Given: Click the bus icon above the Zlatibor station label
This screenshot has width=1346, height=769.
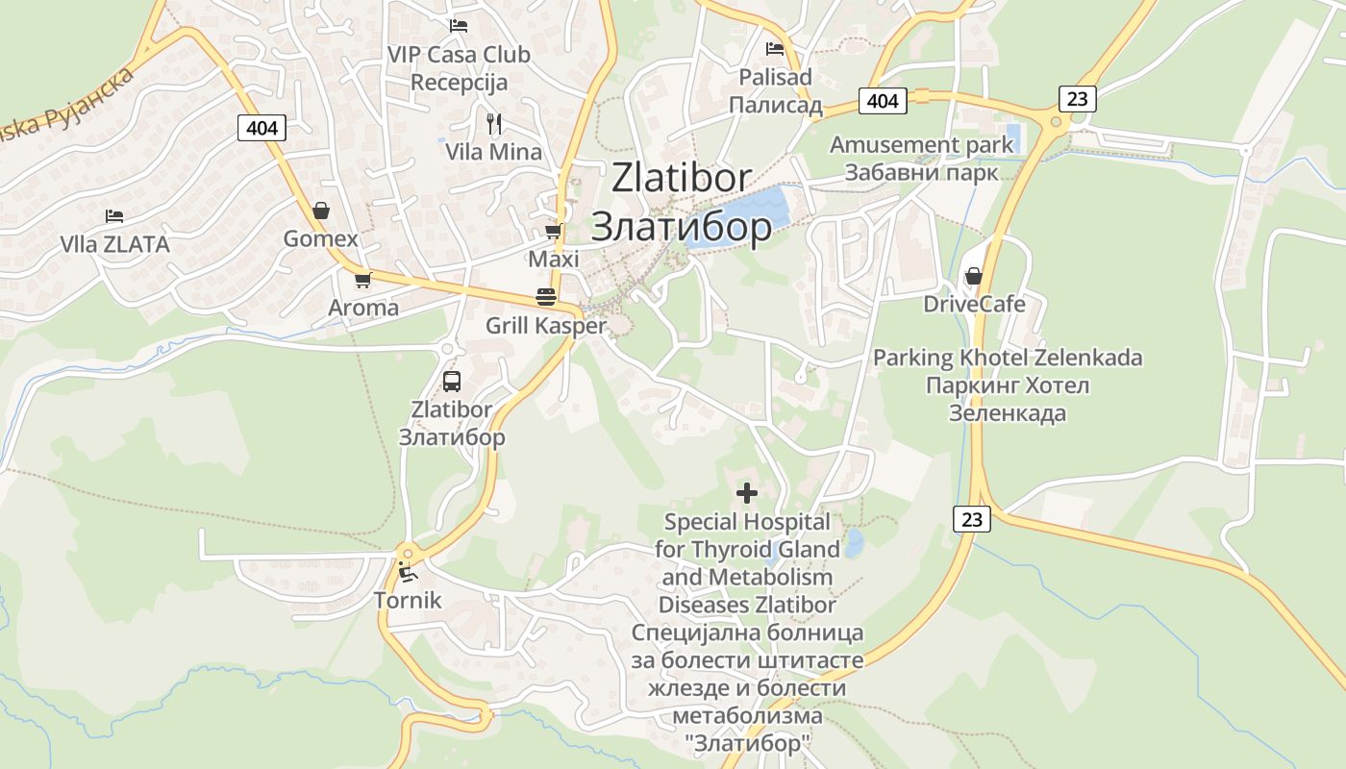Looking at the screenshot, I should pos(451,382).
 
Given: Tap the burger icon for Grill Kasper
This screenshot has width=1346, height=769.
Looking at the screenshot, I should pos(546,297).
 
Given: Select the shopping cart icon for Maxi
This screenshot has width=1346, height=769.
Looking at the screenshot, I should pos(553,232).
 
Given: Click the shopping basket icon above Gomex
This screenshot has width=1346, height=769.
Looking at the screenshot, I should pos(321,211).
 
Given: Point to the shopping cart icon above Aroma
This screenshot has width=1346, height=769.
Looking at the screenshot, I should pos(362,280).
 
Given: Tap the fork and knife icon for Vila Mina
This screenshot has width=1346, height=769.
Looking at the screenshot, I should pos(494,123).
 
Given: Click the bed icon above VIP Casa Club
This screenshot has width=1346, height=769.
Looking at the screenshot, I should pos(459,26).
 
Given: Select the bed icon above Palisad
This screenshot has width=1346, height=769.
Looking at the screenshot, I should pos(775,48).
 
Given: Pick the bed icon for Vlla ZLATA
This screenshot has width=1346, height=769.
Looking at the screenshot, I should pos(114,215).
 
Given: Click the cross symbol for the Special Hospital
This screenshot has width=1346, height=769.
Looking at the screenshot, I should pos(746,494).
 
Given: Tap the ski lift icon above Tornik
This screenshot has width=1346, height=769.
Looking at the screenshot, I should pos(408,573).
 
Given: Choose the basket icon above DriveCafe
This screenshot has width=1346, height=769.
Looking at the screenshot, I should pos(974,277).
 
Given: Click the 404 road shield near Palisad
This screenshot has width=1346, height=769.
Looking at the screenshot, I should pos(882,101).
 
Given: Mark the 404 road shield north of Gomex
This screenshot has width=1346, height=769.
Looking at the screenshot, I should pos(262,128).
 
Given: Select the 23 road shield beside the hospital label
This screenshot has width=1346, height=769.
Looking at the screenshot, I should pos(972,519).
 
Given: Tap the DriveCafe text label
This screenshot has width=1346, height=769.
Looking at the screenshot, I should pos(974,305).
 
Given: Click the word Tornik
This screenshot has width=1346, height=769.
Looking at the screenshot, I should pos(408,601).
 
